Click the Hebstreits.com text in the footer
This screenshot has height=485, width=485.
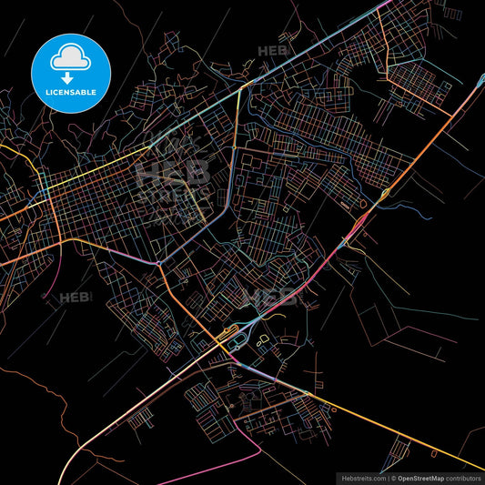tap(363, 477)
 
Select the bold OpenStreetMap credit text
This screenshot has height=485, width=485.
tap(418, 477)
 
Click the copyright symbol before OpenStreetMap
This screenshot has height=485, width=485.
tap(393, 477)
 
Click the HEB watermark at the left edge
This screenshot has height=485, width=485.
tap(73, 298)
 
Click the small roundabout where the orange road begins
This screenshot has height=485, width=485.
tap(159, 264)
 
